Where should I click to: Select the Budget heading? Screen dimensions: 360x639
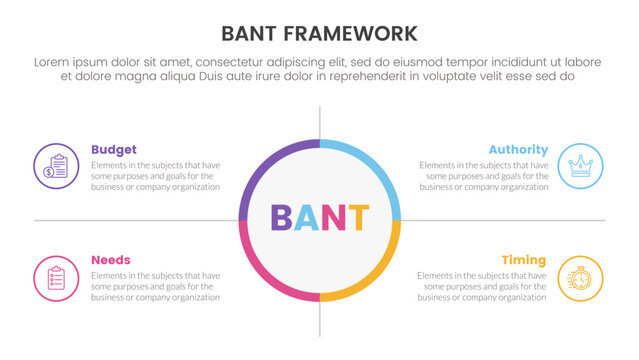(114, 149)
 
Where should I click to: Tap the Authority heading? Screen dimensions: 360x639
(517, 149)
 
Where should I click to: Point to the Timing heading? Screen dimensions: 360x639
(524, 259)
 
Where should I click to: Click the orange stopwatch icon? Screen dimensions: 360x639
(580, 277)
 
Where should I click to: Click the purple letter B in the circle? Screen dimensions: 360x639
(282, 219)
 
